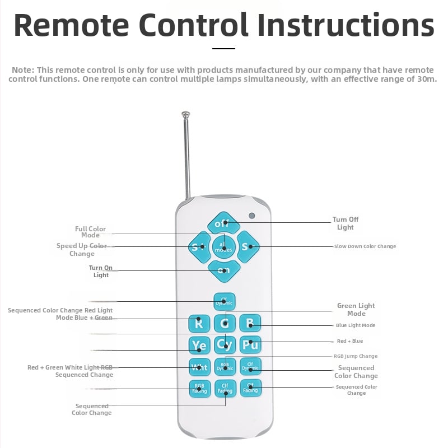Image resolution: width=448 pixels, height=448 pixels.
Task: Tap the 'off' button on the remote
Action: tap(223, 223)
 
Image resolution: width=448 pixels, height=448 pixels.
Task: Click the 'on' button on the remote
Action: tap(224, 270)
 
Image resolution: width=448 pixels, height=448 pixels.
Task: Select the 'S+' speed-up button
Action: tap(199, 246)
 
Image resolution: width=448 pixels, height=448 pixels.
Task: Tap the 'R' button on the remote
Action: tap(199, 323)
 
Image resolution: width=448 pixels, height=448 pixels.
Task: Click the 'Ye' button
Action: tap(199, 344)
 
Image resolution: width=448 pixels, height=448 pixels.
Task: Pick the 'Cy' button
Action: tap(225, 344)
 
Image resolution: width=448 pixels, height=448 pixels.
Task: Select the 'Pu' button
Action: tap(250, 344)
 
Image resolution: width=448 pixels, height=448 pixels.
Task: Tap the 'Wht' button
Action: tap(199, 367)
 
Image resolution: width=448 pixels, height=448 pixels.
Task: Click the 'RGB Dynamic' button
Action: tap(225, 367)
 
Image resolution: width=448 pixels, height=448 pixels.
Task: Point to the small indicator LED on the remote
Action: tap(252, 216)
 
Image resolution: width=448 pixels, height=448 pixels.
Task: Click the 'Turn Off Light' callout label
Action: tap(346, 223)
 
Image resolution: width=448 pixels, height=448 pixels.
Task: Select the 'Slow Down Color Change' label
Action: tap(365, 246)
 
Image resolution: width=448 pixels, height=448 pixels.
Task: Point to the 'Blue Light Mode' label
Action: tap(356, 325)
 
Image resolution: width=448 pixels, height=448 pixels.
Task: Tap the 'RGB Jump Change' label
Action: tap(356, 356)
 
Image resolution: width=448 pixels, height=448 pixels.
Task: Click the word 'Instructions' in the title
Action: tap(345, 25)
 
